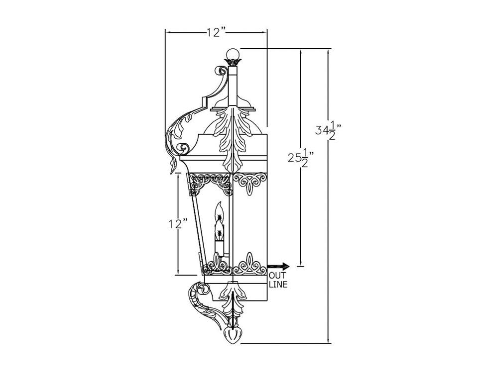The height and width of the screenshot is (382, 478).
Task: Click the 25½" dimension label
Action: point(301,159)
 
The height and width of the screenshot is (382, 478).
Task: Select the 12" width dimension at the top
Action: point(217,33)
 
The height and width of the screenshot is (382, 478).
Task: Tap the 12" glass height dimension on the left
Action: point(178,223)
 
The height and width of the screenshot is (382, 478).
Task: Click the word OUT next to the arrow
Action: point(277,276)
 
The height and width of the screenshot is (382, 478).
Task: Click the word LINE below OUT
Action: point(278,285)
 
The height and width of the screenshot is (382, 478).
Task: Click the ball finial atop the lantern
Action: point(233,53)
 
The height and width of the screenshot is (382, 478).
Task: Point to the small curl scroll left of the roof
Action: point(183,148)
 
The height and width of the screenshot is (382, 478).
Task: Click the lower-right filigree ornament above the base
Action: point(249,265)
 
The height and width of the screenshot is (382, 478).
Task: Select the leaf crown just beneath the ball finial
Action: point(233,63)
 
